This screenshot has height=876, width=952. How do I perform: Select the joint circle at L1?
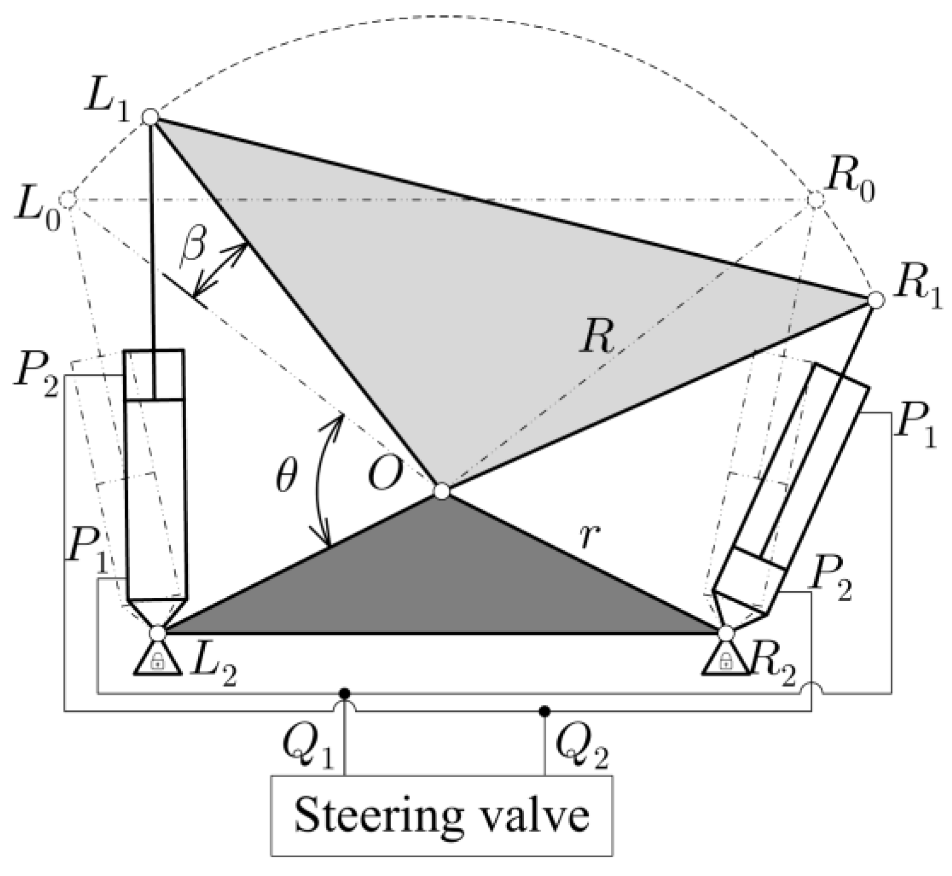point(150,117)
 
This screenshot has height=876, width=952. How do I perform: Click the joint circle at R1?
point(876,299)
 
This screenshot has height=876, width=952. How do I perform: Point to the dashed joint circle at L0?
point(68,199)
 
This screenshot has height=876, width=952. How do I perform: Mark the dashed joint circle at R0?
point(815,199)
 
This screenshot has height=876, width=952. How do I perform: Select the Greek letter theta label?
point(286,478)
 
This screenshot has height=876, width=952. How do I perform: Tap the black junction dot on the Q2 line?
point(544,710)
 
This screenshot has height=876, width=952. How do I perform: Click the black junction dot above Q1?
point(344,693)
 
